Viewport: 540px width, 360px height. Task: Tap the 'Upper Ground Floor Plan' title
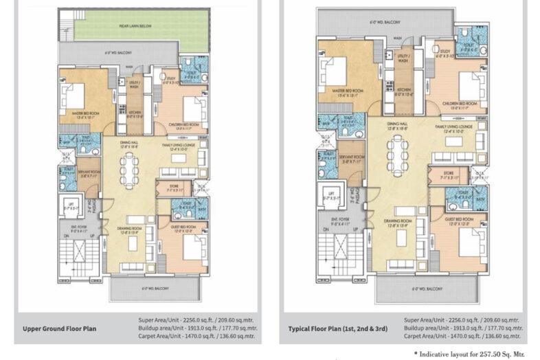point(60,328)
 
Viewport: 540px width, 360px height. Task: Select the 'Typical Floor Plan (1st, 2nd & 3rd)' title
point(337,328)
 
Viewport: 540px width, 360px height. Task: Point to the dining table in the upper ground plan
point(128,165)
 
